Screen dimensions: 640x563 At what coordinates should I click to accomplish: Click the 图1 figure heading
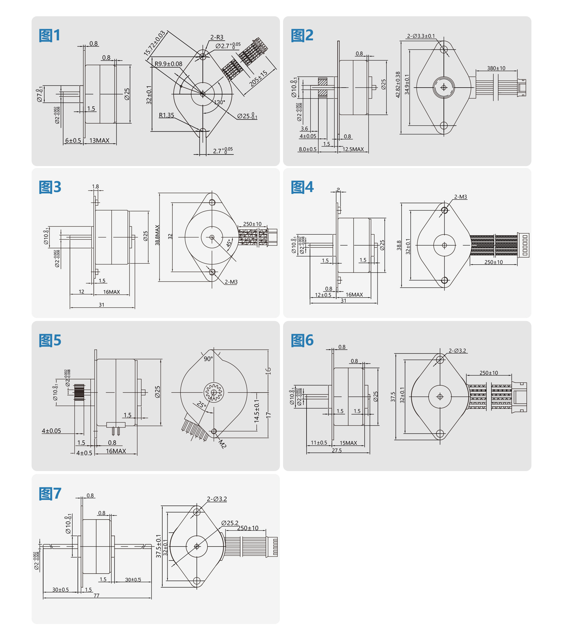[x=49, y=35]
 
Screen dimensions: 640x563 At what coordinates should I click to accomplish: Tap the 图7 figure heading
[x=50, y=494]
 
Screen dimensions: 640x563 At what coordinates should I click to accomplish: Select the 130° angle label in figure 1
[x=219, y=102]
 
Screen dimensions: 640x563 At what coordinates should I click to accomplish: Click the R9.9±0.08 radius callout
[x=168, y=64]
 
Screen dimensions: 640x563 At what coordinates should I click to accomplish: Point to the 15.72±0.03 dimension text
[x=154, y=43]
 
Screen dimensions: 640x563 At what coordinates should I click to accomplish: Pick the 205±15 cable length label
[x=258, y=78]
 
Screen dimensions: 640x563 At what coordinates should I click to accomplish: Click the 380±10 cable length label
[x=496, y=68]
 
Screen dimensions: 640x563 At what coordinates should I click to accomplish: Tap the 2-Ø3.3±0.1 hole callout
[x=421, y=36]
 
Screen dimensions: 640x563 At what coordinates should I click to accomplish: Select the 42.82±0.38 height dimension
[x=398, y=84]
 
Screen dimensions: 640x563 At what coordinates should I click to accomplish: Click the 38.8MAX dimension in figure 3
[x=157, y=235]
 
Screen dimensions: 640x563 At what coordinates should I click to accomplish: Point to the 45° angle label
[x=229, y=243]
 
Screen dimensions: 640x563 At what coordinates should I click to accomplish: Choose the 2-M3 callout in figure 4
[x=460, y=197]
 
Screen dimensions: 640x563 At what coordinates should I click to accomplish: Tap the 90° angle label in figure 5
[x=208, y=359]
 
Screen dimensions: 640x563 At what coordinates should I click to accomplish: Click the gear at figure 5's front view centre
[x=214, y=392]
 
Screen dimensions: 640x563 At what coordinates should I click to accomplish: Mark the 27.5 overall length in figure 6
[x=337, y=450]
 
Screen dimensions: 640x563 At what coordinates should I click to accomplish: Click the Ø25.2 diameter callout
[x=230, y=523]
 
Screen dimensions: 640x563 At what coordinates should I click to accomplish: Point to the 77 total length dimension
[x=96, y=595]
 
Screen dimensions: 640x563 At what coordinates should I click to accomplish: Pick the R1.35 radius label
[x=166, y=115]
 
